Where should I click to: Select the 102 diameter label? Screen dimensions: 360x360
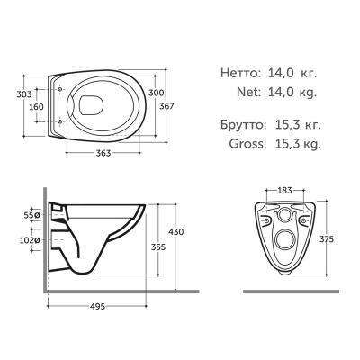[30, 240]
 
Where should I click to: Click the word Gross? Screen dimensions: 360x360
[238, 143]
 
